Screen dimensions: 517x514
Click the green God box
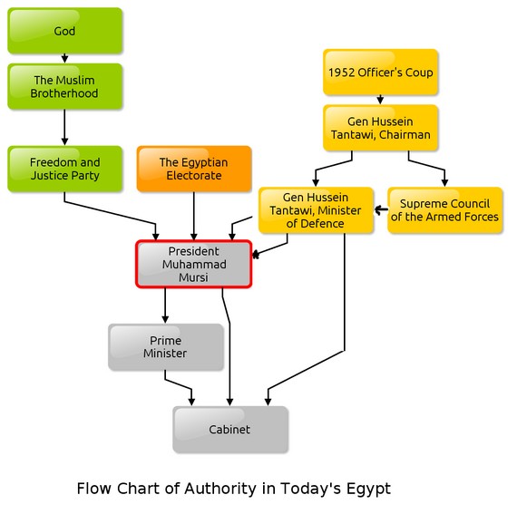coord(65,31)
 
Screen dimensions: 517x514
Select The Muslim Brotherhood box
coord(65,86)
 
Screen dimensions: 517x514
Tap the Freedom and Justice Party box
coord(65,169)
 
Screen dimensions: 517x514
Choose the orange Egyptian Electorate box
coord(194,169)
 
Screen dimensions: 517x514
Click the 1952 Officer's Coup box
coord(381,73)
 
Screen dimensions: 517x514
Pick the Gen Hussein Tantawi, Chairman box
coord(381,128)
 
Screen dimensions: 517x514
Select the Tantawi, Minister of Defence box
coord(316,210)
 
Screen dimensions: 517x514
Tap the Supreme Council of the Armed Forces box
coord(445,210)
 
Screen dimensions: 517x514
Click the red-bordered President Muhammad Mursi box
coord(194,264)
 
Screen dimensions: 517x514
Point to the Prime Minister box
coord(166,347)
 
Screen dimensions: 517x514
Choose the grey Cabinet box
coord(230,430)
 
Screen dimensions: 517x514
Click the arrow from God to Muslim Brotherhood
coord(64,58)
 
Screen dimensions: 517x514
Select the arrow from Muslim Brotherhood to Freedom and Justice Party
coord(64,127)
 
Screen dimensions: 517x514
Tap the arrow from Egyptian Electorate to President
coord(194,216)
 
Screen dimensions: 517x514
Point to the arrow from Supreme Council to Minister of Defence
coord(381,209)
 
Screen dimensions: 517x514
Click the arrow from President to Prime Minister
coord(165,305)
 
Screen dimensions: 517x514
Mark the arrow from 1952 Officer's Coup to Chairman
coord(380,100)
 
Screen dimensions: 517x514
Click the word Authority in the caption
coord(220,489)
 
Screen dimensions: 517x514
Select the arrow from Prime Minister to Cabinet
coord(179,384)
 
